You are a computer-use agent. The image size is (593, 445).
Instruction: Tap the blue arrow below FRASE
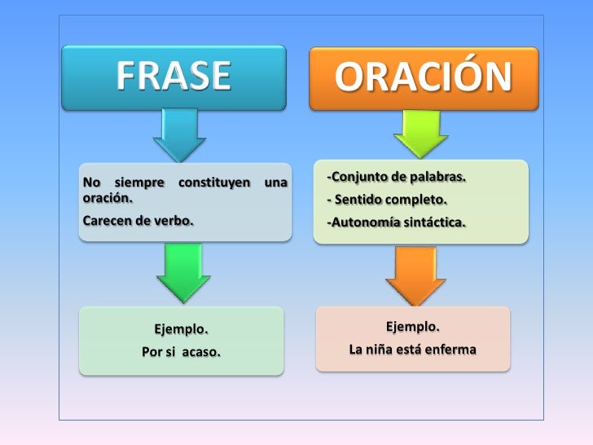pyautogui.click(x=180, y=134)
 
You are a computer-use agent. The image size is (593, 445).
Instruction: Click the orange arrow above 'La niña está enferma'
pyautogui.click(x=415, y=275)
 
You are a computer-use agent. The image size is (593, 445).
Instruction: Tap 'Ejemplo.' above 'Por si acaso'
pyautogui.click(x=181, y=330)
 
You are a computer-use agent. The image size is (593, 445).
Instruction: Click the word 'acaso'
pyautogui.click(x=201, y=353)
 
